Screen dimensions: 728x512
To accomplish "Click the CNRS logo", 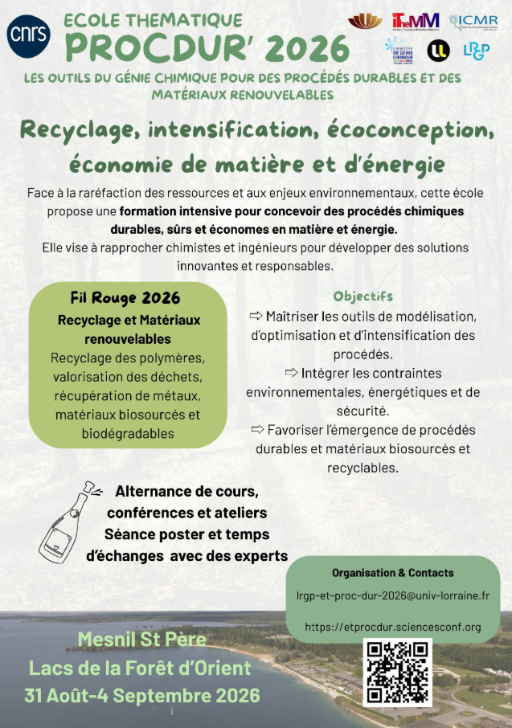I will (28, 33).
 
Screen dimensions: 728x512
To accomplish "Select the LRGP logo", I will (475, 51).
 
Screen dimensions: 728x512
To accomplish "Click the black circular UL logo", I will (438, 51).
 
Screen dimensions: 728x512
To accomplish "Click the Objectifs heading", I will (362, 296).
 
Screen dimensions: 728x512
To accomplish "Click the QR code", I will (397, 672).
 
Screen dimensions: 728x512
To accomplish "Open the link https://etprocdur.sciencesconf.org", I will (392, 627).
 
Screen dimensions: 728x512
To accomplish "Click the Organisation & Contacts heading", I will (392, 573).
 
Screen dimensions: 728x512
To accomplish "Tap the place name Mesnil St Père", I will (142, 640).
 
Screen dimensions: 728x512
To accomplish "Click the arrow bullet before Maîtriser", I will (256, 315).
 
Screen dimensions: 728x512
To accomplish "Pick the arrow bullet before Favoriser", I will (257, 429).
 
